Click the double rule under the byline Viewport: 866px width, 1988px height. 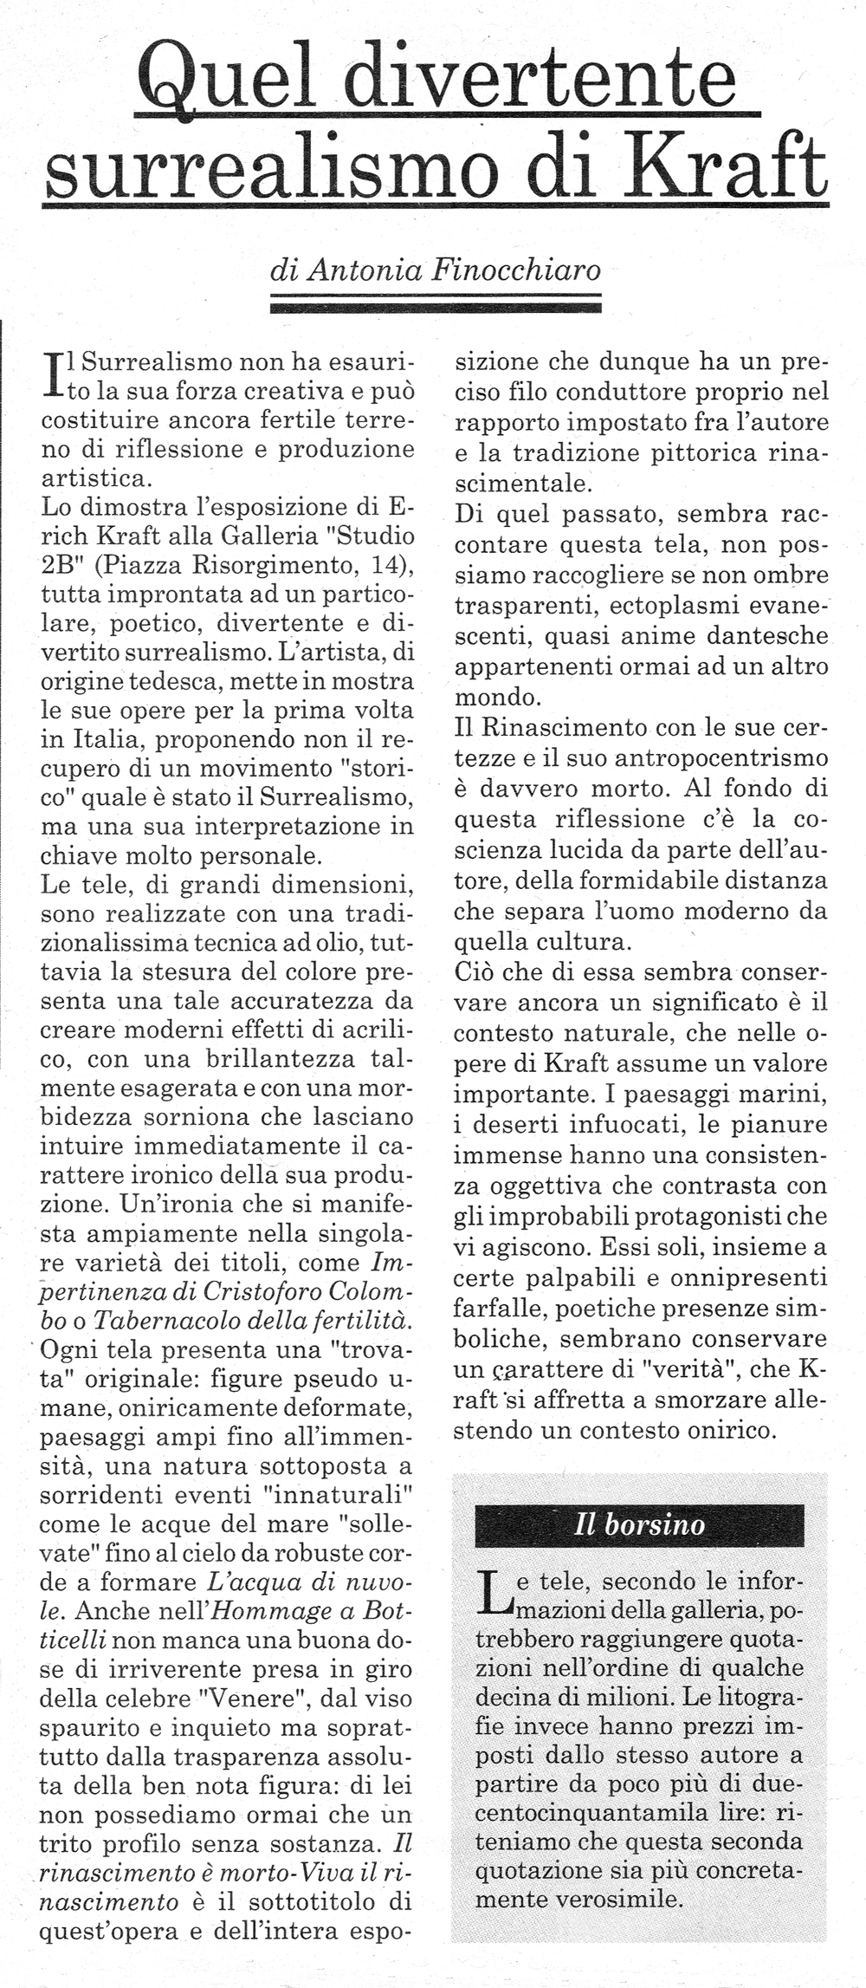point(436,303)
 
